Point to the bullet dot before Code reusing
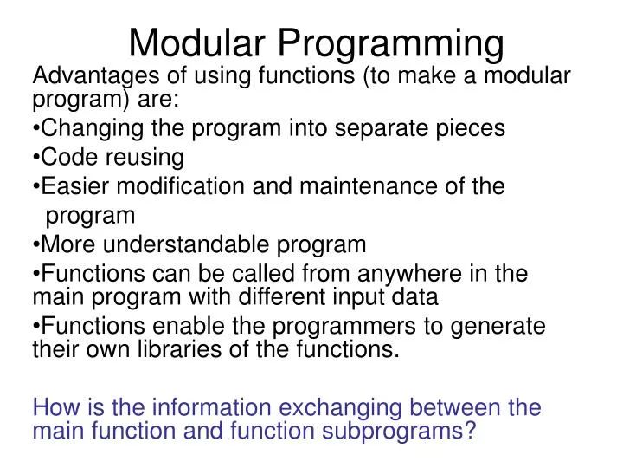tap(35, 158)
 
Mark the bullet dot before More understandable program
tap(35, 245)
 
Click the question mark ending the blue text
tap(470, 431)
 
